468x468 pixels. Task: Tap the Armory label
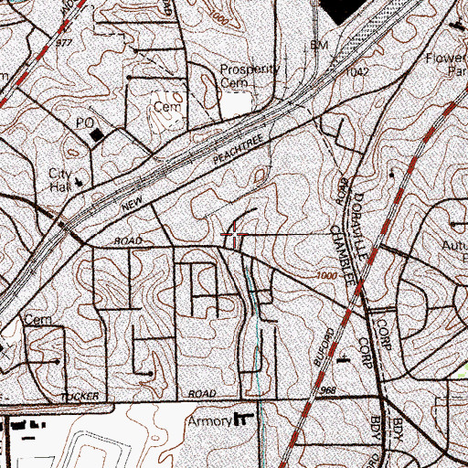(207, 422)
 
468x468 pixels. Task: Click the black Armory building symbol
(243, 420)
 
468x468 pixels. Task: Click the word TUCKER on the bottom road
(79, 396)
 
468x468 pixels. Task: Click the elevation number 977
(63, 41)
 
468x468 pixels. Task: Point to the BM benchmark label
(318, 44)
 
